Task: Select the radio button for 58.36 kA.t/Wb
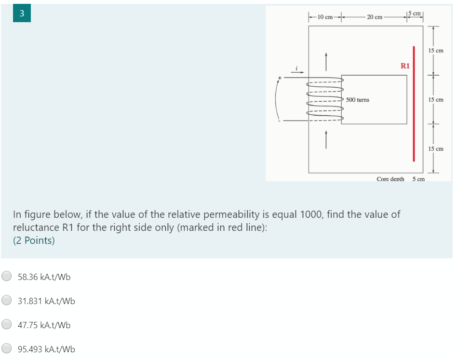pos(7,276)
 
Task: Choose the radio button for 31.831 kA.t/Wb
pos(7,301)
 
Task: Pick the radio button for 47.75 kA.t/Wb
pos(7,325)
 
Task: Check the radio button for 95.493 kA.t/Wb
pos(7,349)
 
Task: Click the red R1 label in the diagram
pos(405,66)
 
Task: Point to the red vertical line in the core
pos(414,104)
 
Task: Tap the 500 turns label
pos(358,100)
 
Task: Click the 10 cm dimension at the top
pos(325,17)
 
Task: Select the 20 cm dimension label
pos(374,17)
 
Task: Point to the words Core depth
pos(390,179)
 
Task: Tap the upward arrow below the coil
pos(326,140)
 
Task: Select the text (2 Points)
pos(34,240)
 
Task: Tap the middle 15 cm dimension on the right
pos(436,100)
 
